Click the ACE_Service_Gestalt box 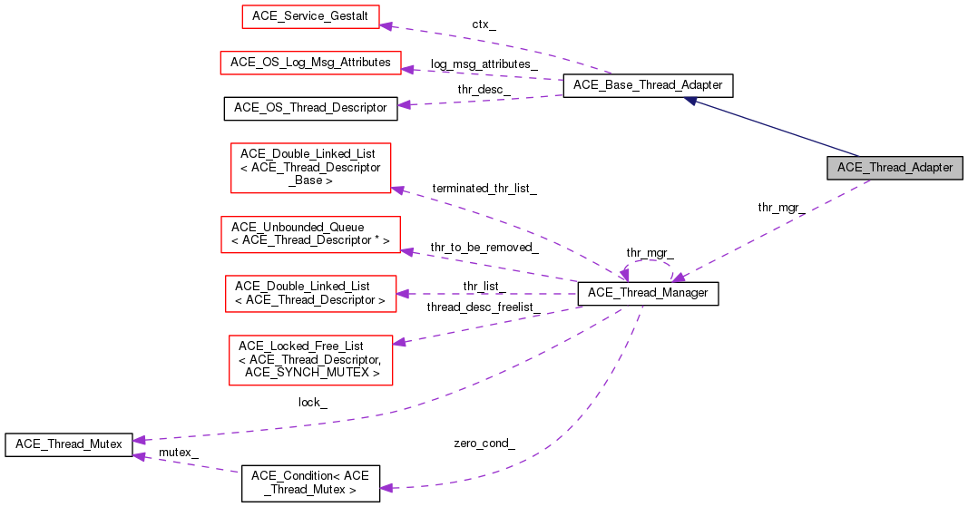(x=310, y=16)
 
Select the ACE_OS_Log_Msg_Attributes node (x=310, y=63)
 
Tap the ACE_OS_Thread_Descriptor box (x=310, y=108)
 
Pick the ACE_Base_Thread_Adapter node (x=648, y=85)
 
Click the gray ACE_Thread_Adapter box (x=895, y=168)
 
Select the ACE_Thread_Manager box (x=648, y=293)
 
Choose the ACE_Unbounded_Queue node (x=310, y=234)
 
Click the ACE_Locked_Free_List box (x=310, y=360)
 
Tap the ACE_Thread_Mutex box (x=69, y=444)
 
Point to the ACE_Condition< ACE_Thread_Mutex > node (x=310, y=483)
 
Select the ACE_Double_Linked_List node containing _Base (x=310, y=168)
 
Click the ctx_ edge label (x=484, y=24)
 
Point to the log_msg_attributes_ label (x=484, y=64)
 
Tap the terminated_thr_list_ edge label (x=484, y=189)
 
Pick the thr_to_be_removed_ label (x=484, y=248)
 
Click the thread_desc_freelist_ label (x=484, y=307)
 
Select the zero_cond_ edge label (x=484, y=444)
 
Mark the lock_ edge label (x=312, y=403)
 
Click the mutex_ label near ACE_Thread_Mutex (x=179, y=453)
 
